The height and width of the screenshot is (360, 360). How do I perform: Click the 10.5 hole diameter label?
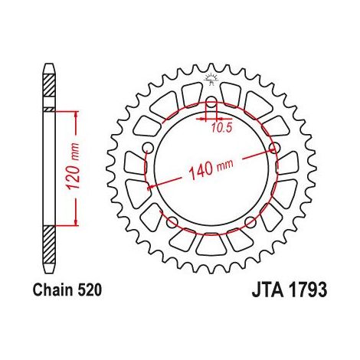221,128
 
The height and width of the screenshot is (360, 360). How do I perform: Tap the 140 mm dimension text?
211,169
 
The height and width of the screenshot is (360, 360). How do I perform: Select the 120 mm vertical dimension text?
73,166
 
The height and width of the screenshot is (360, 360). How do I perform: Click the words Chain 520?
67,290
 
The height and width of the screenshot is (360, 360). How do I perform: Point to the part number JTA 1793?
290,290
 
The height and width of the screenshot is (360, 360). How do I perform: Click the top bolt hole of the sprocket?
211,102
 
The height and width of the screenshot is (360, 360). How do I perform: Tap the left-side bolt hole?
148,148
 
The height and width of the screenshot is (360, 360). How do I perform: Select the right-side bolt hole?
274,148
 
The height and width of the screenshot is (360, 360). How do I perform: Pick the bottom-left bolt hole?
172,222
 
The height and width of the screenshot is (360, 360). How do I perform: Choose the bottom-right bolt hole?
250,222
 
